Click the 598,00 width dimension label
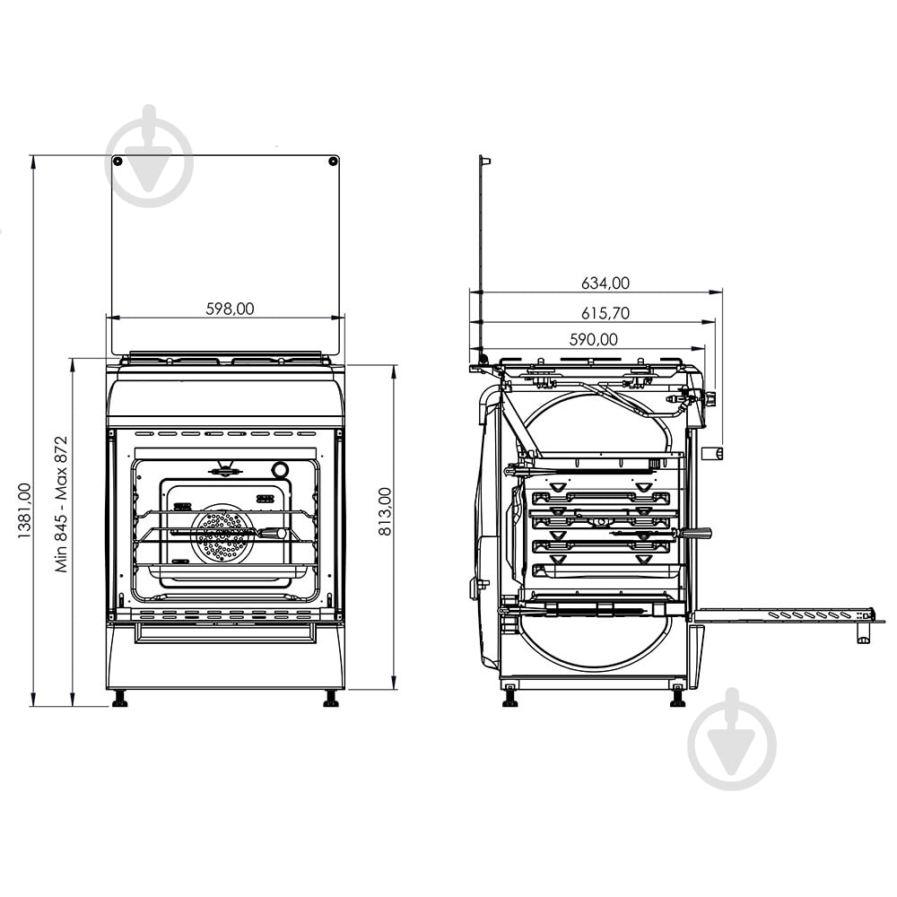(x=230, y=309)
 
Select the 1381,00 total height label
(x=24, y=511)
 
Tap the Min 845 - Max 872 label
(x=62, y=504)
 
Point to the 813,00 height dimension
(x=385, y=511)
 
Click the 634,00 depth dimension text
(x=605, y=283)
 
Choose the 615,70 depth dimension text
(x=605, y=313)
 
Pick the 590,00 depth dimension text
(x=593, y=340)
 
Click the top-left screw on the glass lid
(x=118, y=161)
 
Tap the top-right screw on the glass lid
(x=332, y=161)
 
